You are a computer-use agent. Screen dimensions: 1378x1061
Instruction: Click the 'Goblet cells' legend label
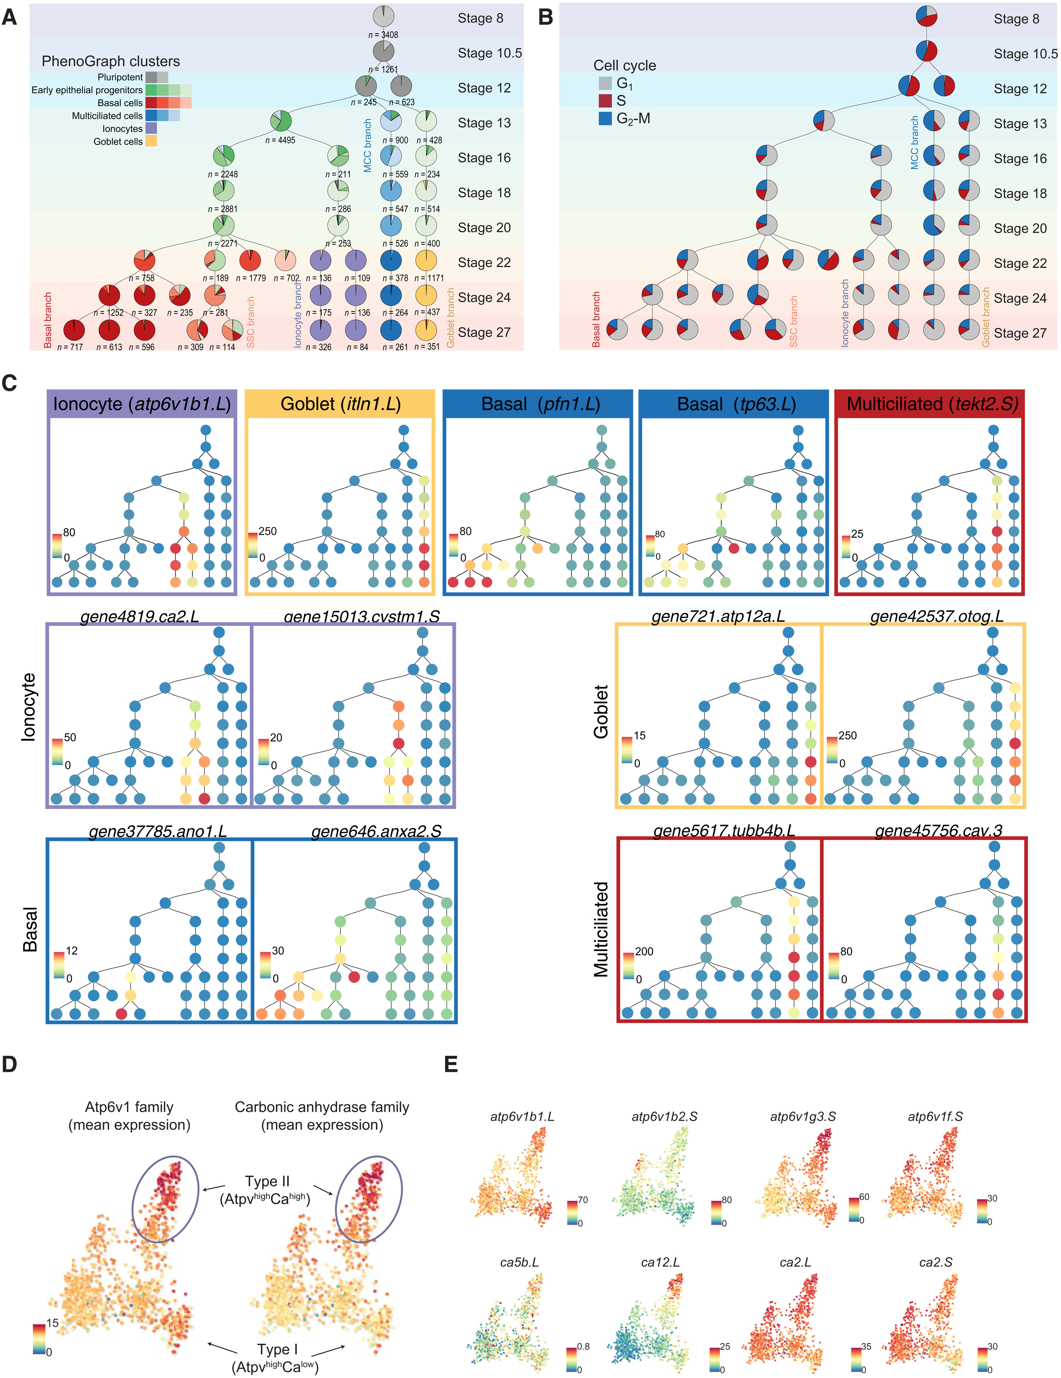click(118, 141)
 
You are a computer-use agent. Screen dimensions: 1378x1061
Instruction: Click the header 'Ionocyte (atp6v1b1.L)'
click(142, 404)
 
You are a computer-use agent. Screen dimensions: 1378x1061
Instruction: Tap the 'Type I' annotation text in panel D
click(278, 1349)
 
